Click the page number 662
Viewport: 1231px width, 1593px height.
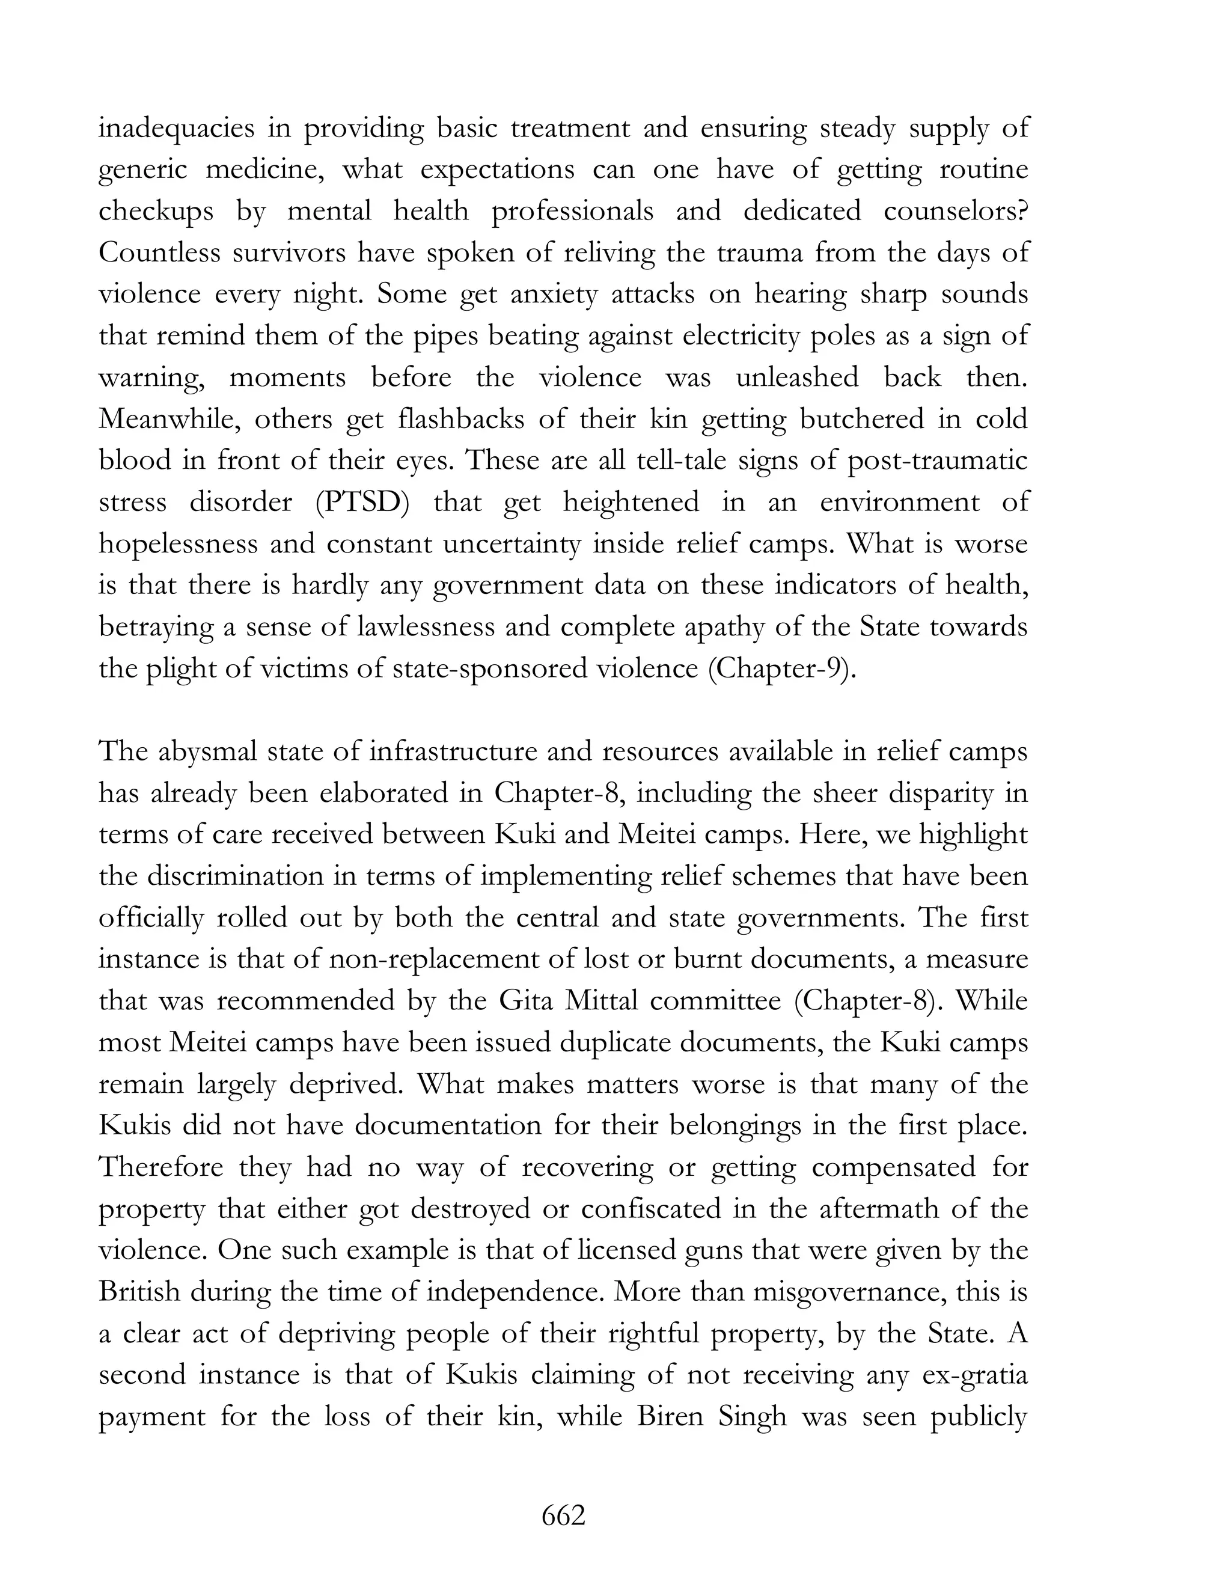click(x=563, y=1515)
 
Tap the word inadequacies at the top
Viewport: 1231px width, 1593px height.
click(x=177, y=129)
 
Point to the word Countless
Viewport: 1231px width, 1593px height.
click(x=159, y=253)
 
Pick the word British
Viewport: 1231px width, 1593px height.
click(x=139, y=1292)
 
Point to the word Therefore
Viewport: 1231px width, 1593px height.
click(x=160, y=1167)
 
